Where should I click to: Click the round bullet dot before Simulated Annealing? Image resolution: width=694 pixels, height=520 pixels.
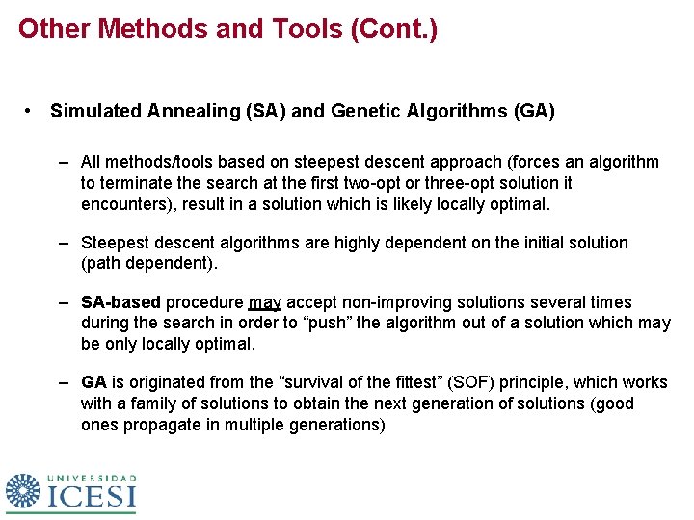coord(32,112)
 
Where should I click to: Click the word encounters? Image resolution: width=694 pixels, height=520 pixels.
coord(124,204)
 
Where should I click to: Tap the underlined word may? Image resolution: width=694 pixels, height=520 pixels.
coord(265,302)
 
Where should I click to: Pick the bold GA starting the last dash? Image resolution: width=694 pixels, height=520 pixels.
coord(93,382)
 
